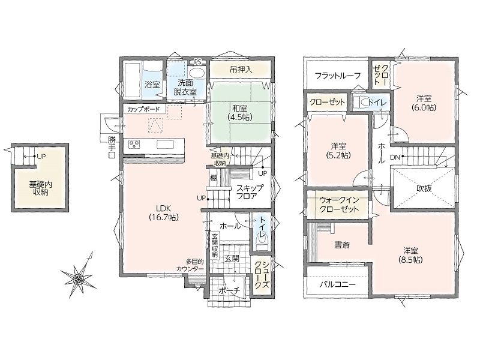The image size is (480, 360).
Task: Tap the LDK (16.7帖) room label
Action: [163, 212]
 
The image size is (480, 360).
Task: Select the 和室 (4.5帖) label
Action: [239, 112]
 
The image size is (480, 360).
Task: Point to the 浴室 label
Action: [152, 84]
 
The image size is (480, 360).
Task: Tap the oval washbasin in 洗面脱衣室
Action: [197, 73]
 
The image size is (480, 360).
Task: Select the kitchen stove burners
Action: [134, 144]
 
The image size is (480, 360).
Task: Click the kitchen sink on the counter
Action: [166, 144]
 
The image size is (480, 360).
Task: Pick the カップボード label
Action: [143, 109]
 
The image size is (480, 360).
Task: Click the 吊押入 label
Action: [241, 70]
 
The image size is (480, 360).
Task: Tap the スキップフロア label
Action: [250, 192]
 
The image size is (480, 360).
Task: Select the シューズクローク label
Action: [262, 275]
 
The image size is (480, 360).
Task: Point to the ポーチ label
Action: [230, 290]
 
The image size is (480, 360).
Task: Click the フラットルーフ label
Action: [338, 76]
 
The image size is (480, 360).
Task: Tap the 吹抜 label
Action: [424, 188]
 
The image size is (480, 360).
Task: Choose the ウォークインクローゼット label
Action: [339, 205]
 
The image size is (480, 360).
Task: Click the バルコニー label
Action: [338, 284]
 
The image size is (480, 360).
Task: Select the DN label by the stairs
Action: [395, 157]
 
